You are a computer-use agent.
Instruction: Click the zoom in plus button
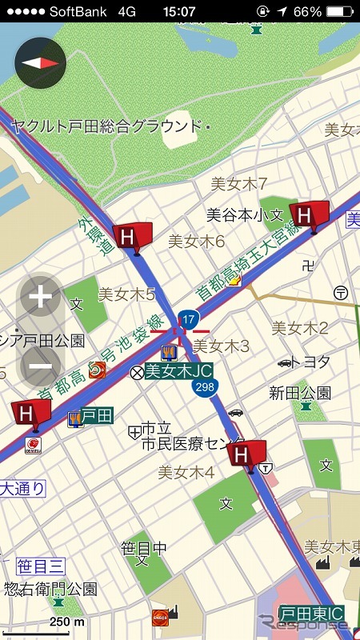pos(40,298)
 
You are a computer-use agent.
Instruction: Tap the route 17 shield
pos(189,319)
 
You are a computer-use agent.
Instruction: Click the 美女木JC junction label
pos(178,372)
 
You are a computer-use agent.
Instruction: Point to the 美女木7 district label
pos(238,184)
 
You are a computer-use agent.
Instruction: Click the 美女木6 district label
pos(196,241)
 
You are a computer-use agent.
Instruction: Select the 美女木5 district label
pos(126,294)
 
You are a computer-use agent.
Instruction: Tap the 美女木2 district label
pos(300,327)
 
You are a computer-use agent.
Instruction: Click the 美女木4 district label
pos(186,473)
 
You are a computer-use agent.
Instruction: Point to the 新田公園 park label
pos(299,392)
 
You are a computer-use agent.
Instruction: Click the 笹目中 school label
pos(144,548)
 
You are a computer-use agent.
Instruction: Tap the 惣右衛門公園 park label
pos(51,590)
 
